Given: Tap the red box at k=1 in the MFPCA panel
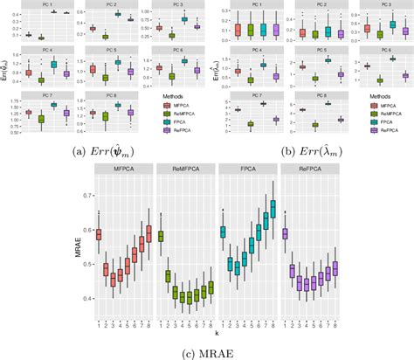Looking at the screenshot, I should tap(98, 233).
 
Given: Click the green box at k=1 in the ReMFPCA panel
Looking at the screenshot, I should tap(161, 236).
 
